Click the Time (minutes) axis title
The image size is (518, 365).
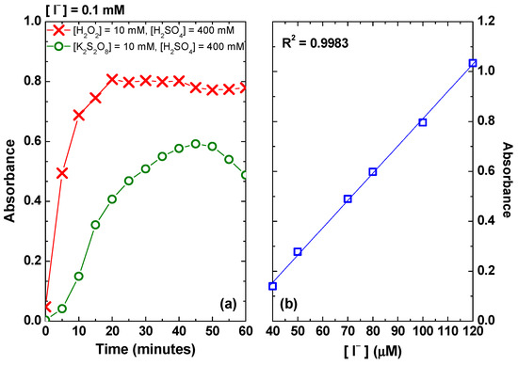pos(145,353)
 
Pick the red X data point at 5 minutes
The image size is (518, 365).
pos(62,173)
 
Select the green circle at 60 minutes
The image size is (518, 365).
pos(245,175)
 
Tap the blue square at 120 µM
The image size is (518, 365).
pos(473,63)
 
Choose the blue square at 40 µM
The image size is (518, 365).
pos(273,286)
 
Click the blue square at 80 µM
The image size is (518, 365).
pos(373,172)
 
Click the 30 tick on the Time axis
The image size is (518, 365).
pos(145,332)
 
